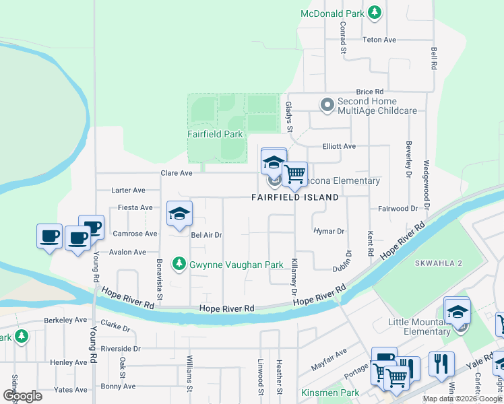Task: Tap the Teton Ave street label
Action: click(379, 40)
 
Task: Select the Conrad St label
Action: click(343, 38)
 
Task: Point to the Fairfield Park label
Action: click(214, 134)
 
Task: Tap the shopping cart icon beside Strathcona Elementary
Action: click(294, 174)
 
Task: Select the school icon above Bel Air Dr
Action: click(179, 214)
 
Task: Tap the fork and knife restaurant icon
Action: click(441, 364)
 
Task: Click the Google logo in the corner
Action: click(22, 395)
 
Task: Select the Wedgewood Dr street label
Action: click(425, 177)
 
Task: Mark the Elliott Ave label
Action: click(338, 146)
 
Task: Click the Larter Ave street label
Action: click(129, 191)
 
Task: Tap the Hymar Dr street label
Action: click(329, 231)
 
